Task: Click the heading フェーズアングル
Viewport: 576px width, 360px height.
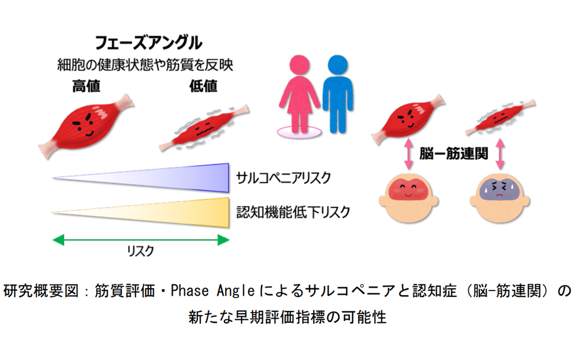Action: click(148, 43)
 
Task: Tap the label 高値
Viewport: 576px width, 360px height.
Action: click(86, 86)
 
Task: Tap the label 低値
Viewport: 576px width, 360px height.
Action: click(203, 86)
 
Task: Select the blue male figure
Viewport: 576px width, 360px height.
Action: click(338, 94)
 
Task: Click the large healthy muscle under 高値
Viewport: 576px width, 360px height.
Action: click(86, 125)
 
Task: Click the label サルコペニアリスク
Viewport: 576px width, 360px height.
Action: click(283, 178)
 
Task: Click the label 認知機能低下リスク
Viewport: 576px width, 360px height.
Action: click(293, 212)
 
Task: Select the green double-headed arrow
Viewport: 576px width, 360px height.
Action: click(141, 240)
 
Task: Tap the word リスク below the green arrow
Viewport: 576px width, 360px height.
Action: click(140, 251)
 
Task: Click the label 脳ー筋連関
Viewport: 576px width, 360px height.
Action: click(454, 153)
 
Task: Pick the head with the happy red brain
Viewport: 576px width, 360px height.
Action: click(408, 197)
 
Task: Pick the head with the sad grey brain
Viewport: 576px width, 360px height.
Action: click(499, 197)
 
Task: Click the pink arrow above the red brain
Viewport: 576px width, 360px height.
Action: click(409, 154)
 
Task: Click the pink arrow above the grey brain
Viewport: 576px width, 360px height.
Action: click(500, 154)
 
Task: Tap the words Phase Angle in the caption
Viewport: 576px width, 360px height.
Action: click(212, 291)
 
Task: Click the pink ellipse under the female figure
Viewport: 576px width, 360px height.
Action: click(299, 131)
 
